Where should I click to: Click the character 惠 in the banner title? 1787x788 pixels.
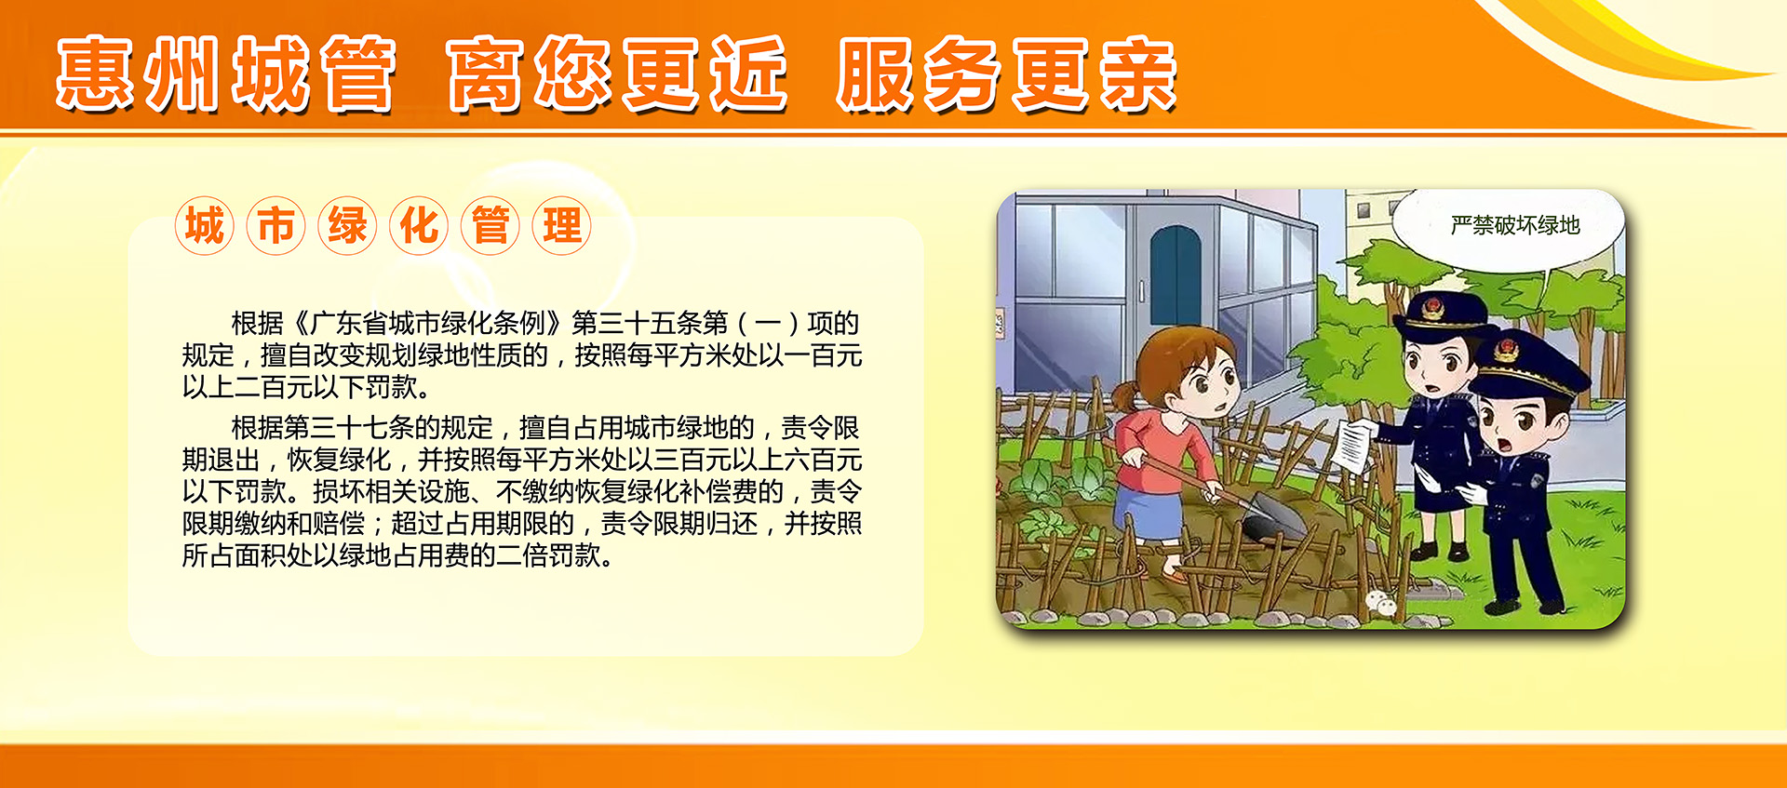click(x=97, y=74)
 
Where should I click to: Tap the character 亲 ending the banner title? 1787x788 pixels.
click(x=1137, y=74)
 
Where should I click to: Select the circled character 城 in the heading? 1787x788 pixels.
click(x=204, y=226)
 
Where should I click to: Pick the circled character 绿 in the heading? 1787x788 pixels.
click(x=347, y=226)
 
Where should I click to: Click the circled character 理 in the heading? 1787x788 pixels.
click(x=562, y=226)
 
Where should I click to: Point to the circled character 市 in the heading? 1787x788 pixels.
click(x=275, y=226)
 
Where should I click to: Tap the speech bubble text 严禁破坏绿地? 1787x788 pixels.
click(x=1515, y=225)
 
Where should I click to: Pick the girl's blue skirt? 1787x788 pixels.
click(x=1148, y=512)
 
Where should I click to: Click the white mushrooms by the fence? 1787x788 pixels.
click(x=1381, y=603)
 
